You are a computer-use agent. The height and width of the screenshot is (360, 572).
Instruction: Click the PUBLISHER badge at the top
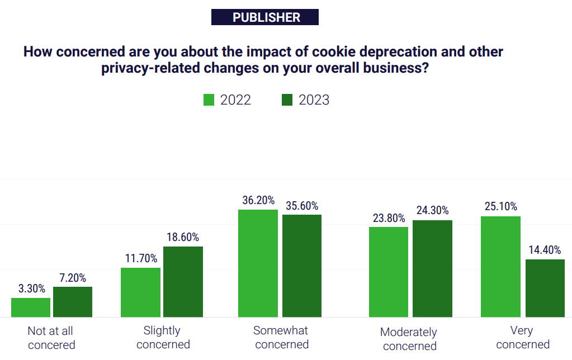[x=265, y=17]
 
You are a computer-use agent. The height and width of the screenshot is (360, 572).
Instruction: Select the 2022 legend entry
[x=227, y=100]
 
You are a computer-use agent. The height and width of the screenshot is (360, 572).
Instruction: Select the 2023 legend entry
[x=305, y=100]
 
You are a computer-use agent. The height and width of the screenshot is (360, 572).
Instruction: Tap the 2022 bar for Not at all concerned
[x=31, y=307]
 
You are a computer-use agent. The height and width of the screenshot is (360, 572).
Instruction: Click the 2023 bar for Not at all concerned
[x=73, y=302]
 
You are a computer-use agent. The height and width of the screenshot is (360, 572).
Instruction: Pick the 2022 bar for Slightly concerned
[x=140, y=292]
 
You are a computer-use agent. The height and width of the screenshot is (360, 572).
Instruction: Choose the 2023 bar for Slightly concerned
[x=183, y=282]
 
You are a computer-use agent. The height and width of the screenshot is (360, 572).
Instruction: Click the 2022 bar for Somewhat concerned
[x=258, y=263]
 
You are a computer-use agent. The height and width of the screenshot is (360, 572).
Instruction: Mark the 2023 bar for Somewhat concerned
[x=301, y=266]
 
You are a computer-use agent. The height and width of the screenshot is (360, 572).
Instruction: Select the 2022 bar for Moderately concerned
[x=389, y=272]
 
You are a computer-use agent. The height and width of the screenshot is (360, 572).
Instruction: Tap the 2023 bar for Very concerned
[x=545, y=288]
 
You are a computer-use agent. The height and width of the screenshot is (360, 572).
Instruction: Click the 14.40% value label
[x=545, y=250]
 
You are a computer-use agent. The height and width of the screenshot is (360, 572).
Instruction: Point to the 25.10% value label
[x=500, y=207]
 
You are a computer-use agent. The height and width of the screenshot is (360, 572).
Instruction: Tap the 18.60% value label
[x=183, y=237]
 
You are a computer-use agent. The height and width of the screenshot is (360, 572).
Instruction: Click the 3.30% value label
[x=31, y=288]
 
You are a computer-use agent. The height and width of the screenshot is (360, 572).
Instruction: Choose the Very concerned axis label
[x=522, y=337]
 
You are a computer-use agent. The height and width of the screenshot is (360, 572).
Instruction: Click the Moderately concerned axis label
[x=409, y=339]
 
